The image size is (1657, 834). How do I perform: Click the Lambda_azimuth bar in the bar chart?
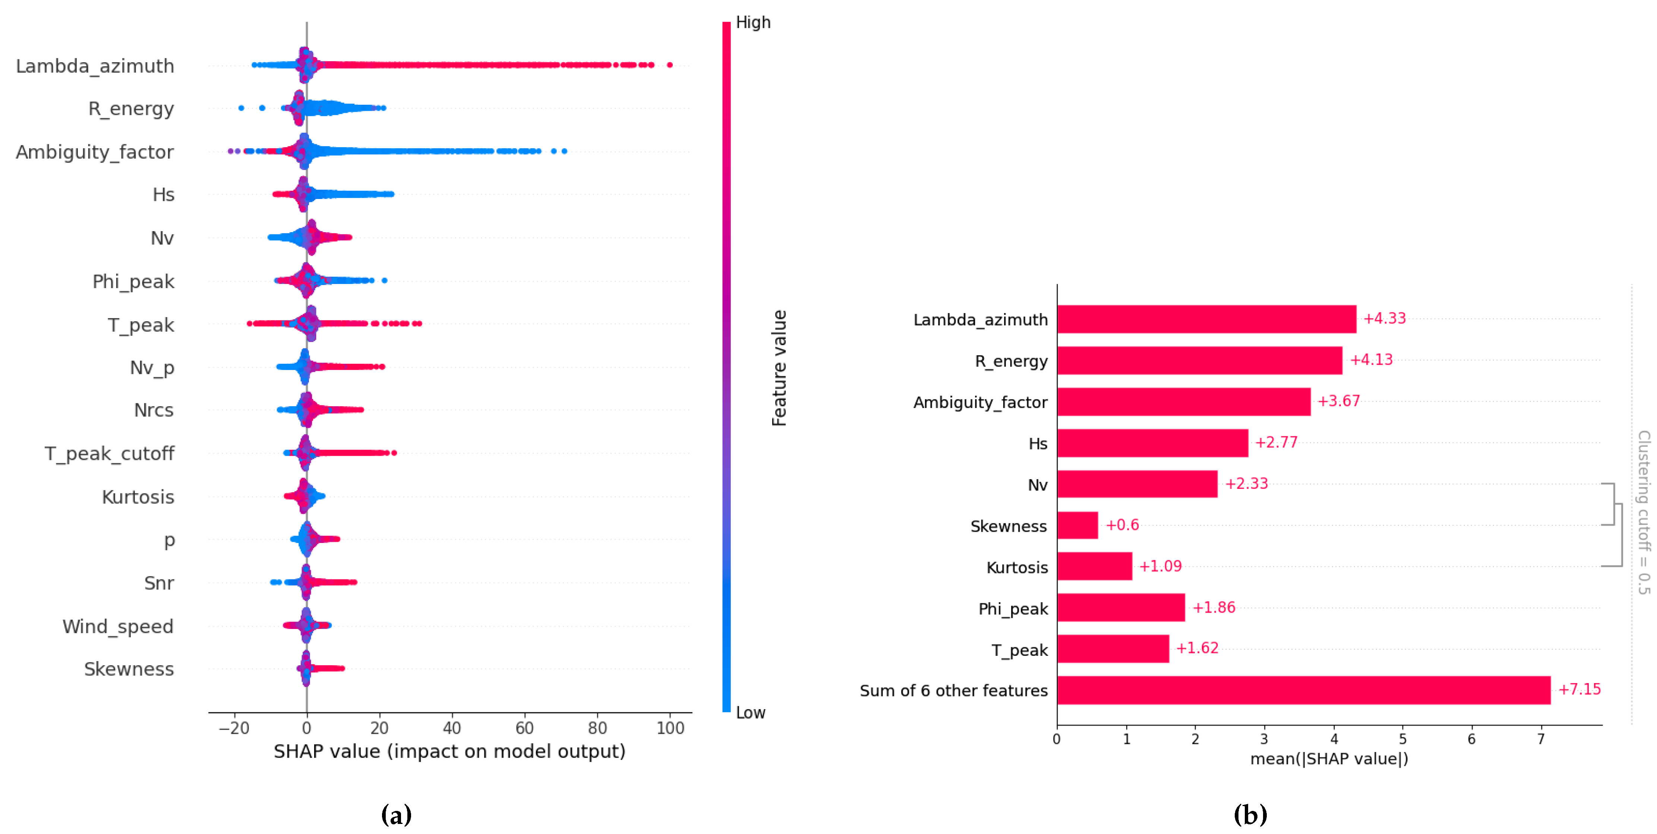coord(1206,319)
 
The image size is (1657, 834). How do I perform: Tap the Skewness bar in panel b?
coord(1077,525)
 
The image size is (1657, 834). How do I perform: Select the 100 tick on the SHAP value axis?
coord(670,728)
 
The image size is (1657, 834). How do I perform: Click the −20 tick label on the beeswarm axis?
coord(234,728)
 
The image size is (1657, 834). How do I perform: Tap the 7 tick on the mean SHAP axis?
coord(1541,739)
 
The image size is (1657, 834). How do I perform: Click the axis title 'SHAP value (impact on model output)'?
coord(449,751)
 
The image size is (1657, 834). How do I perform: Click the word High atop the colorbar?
coord(752,22)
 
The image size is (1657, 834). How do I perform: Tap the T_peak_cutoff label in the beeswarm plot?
coord(109,453)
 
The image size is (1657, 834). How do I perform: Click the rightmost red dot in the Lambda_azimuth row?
coord(670,65)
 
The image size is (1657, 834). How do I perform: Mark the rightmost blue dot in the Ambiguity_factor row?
coord(564,151)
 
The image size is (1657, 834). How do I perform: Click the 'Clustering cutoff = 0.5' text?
coord(1644,512)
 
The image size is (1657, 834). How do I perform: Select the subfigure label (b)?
coord(1250,815)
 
